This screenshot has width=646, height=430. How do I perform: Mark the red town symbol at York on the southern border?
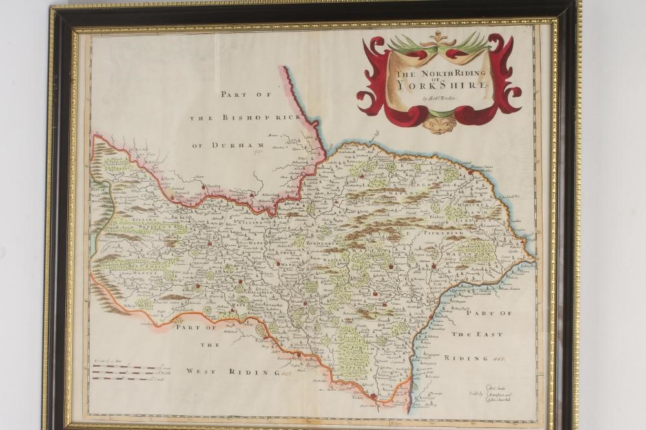[373, 396]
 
